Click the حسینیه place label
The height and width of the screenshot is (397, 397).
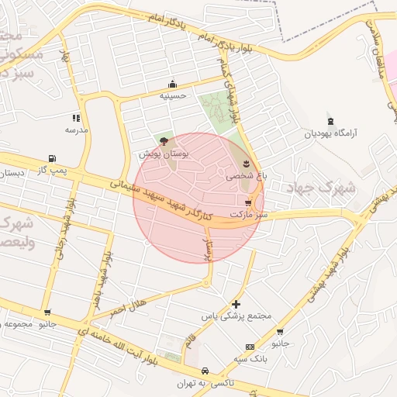tap(172, 95)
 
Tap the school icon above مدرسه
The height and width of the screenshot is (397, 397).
tap(76, 118)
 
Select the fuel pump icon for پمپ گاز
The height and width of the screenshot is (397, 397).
tap(52, 157)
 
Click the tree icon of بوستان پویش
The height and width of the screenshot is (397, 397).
tap(164, 140)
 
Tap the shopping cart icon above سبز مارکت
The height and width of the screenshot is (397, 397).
tap(247, 200)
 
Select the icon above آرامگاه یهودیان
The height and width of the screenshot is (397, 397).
tap(331, 121)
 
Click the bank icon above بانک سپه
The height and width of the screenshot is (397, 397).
tap(250, 347)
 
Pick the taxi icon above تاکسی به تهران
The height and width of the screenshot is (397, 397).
tap(205, 371)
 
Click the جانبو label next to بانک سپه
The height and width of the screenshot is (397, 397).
tap(279, 342)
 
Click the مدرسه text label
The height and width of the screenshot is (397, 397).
tap(76, 130)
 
